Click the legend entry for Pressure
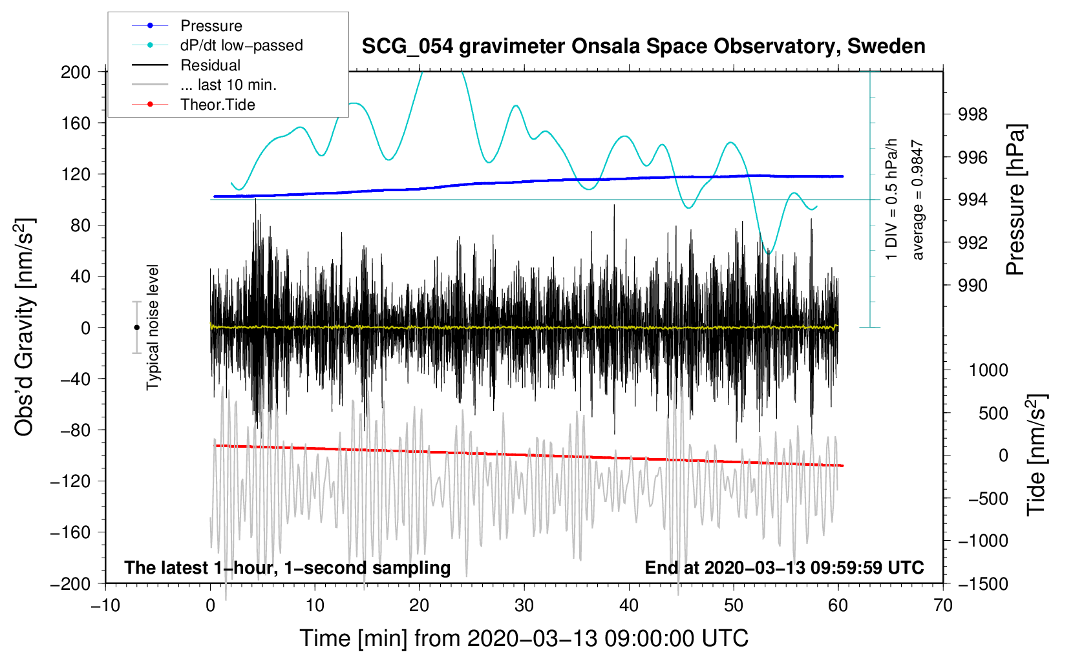[187, 25]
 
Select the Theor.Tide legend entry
[193, 105]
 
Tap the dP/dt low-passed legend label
[242, 45]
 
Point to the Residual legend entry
[186, 65]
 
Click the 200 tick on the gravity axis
[75, 72]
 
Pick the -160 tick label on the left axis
[70, 532]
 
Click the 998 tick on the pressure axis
[972, 114]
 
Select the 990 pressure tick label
[972, 286]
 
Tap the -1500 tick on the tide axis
[983, 584]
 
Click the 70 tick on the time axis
[942, 606]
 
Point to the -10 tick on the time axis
[105, 606]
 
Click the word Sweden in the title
[886, 47]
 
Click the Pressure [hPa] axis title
[1015, 200]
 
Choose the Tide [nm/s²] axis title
[1036, 455]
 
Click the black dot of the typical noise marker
[136, 328]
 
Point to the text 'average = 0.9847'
[917, 200]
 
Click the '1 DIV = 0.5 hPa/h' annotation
[891, 200]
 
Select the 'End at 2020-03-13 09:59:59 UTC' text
[784, 567]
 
